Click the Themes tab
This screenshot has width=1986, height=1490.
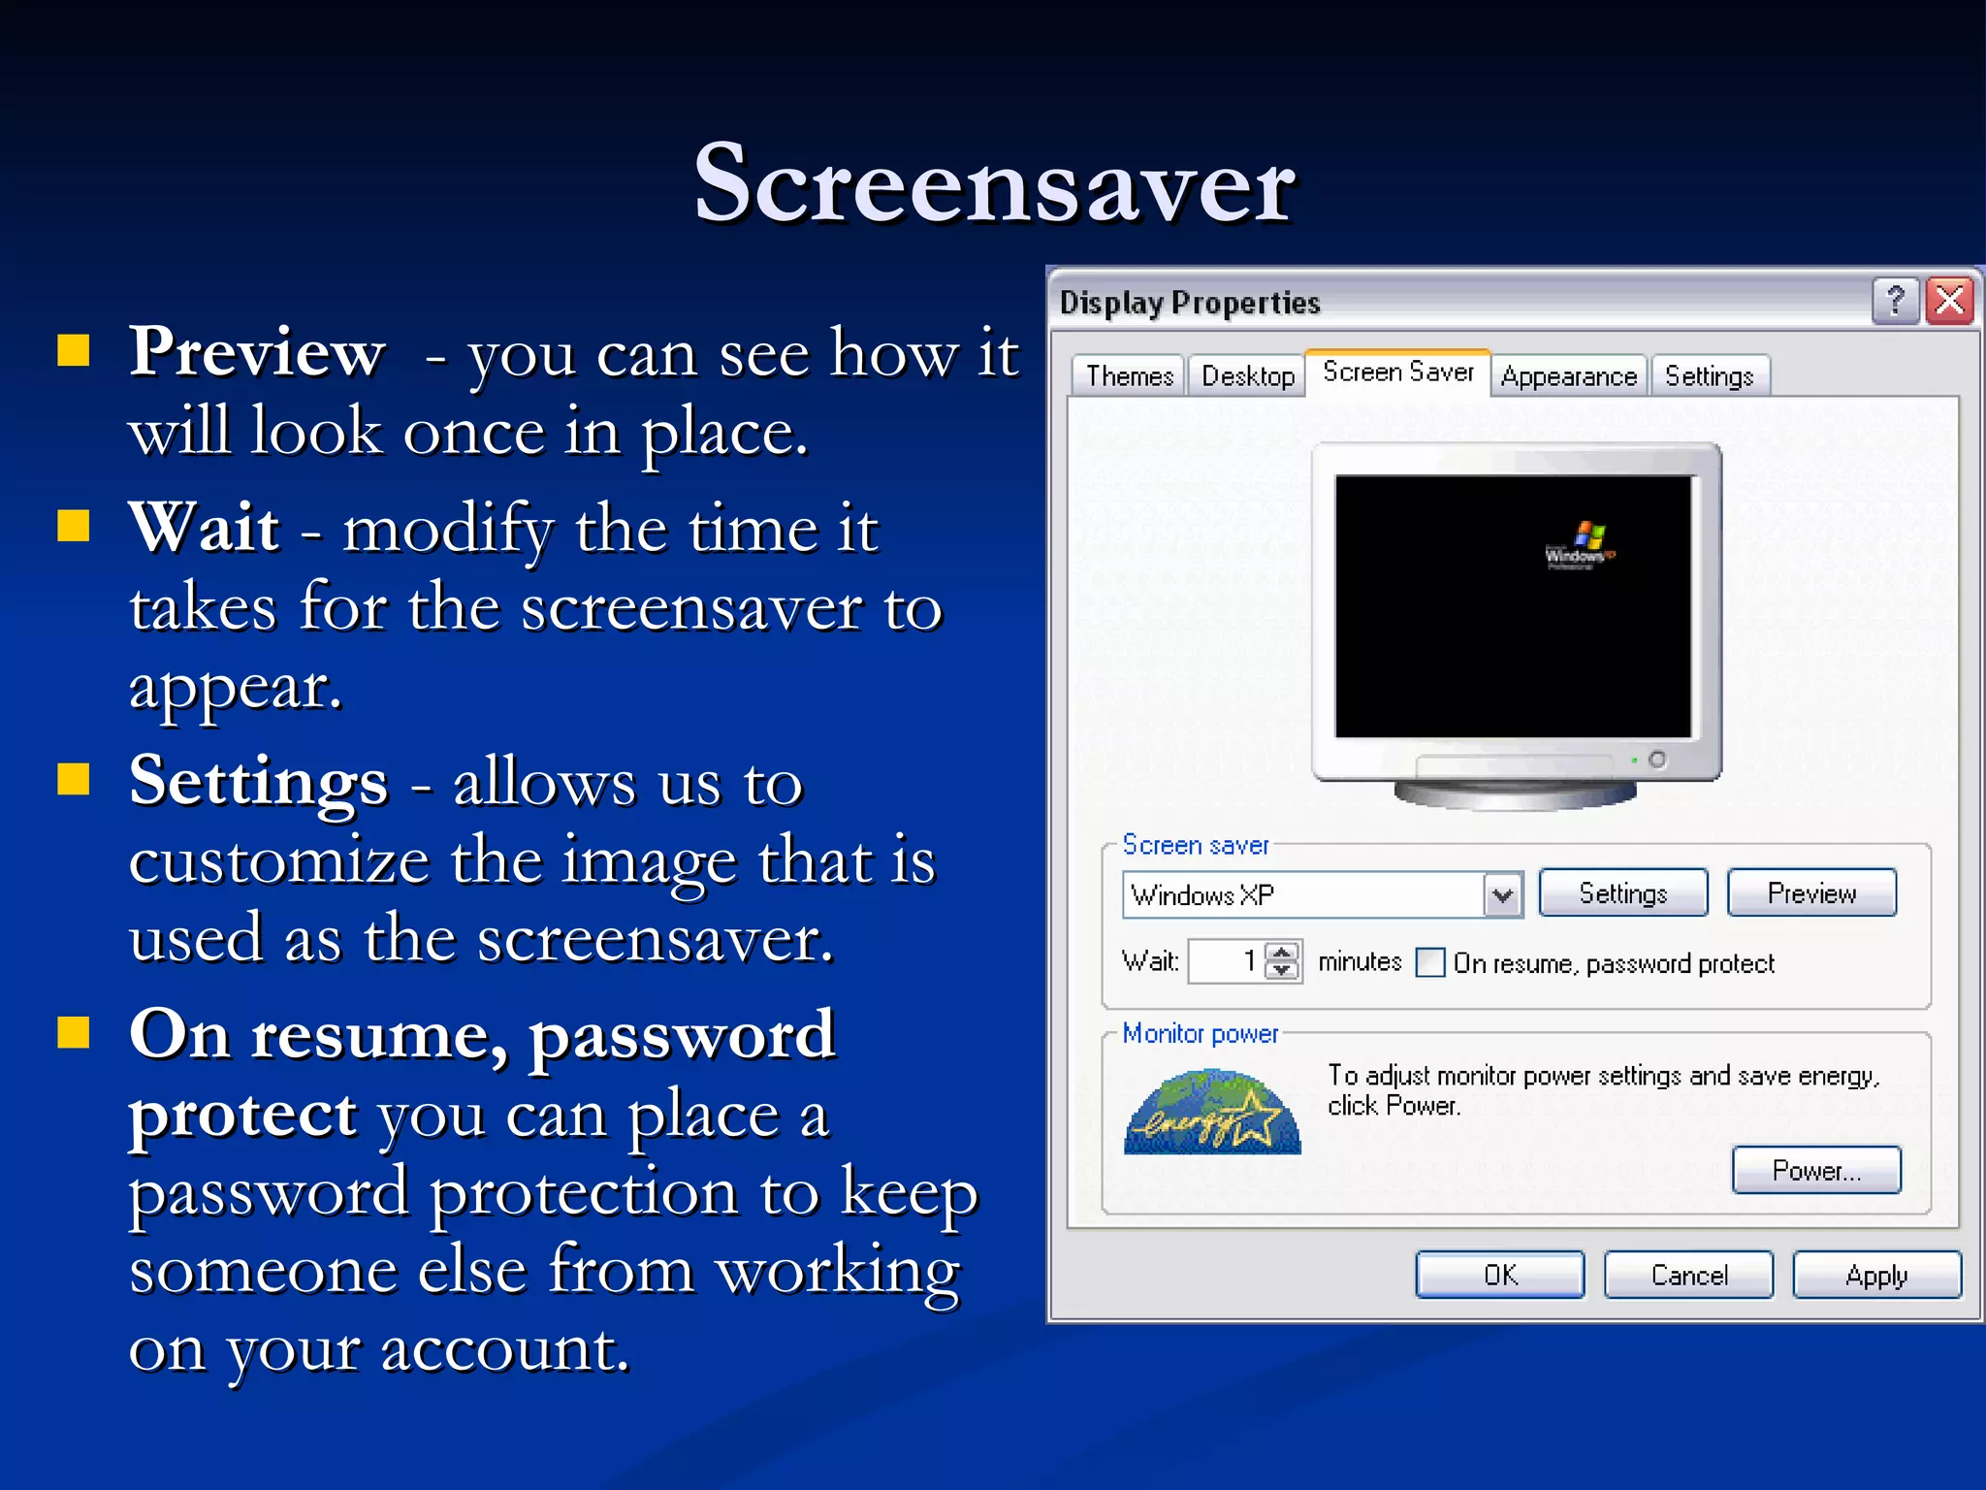[x=1129, y=375]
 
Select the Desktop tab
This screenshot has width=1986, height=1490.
[x=1247, y=375]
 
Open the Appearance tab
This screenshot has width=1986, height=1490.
[x=1568, y=375]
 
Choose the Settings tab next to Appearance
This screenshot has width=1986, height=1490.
[x=1709, y=375]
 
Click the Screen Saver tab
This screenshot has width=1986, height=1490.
[x=1397, y=372]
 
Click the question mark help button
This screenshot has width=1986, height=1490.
[x=1895, y=301]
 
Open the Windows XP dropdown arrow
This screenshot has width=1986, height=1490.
[x=1502, y=894]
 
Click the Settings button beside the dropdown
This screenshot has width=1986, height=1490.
[x=1622, y=892]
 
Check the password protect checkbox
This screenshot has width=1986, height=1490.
[x=1429, y=962]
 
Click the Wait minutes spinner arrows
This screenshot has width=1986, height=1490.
[x=1282, y=961]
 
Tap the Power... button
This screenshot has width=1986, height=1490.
[x=1815, y=1170]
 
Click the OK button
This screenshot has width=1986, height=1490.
[x=1499, y=1275]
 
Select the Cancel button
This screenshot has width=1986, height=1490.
[x=1688, y=1275]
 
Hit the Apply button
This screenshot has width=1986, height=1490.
[x=1876, y=1275]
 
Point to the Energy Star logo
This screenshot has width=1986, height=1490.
[x=1212, y=1113]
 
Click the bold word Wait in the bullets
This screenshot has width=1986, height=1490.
[x=205, y=528]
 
